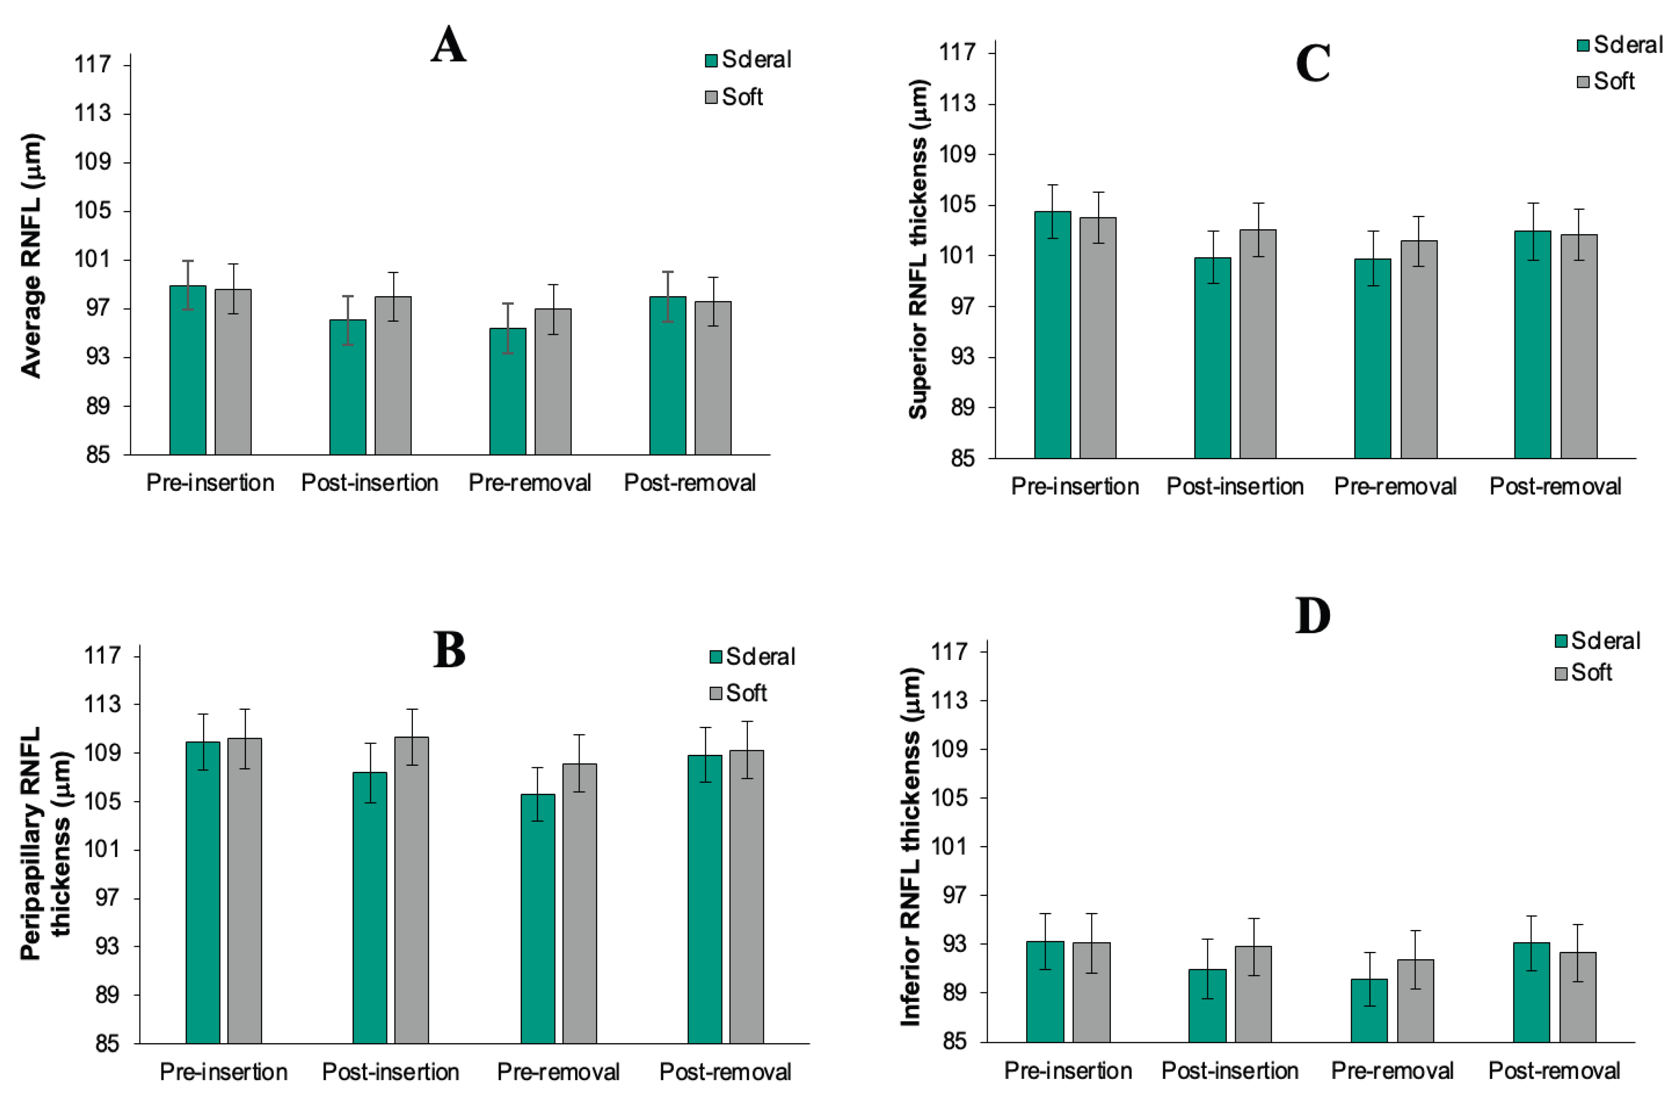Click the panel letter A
click(448, 46)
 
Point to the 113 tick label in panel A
click(93, 113)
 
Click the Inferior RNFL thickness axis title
click(911, 846)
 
